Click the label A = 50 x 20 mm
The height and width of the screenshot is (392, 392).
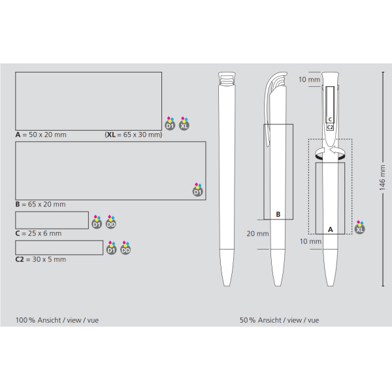tap(41, 135)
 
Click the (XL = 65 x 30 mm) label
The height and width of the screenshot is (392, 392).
tap(133, 135)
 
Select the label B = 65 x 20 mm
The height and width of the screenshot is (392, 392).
tap(41, 204)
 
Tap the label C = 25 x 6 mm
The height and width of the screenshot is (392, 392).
tap(39, 233)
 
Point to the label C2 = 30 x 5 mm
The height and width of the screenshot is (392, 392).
tap(41, 259)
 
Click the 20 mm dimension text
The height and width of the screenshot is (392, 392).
tap(257, 233)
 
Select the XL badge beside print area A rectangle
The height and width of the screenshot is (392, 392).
tap(184, 124)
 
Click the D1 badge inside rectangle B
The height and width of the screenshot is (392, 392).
tap(197, 191)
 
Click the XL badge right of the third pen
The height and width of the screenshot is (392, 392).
tap(360, 229)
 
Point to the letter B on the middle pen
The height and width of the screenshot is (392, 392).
tap(278, 214)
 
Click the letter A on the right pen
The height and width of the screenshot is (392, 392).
tap(330, 229)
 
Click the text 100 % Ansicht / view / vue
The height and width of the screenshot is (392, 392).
tap(57, 320)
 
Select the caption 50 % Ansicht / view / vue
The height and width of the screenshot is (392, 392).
tap(279, 320)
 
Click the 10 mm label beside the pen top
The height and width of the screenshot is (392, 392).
tap(309, 80)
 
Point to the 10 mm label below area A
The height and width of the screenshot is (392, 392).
tap(310, 241)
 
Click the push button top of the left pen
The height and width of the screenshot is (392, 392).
tap(227, 80)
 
